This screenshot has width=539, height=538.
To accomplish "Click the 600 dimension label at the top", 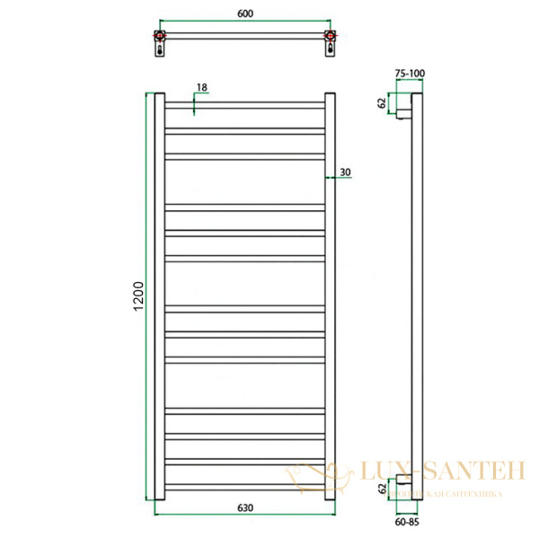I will pyautogui.click(x=243, y=15).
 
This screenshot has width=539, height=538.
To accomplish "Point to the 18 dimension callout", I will pyautogui.click(x=201, y=87).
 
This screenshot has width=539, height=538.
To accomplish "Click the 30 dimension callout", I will pyautogui.click(x=346, y=171).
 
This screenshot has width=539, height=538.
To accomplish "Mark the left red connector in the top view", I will pyautogui.click(x=159, y=37).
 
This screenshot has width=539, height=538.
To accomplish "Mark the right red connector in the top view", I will pyautogui.click(x=329, y=37).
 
